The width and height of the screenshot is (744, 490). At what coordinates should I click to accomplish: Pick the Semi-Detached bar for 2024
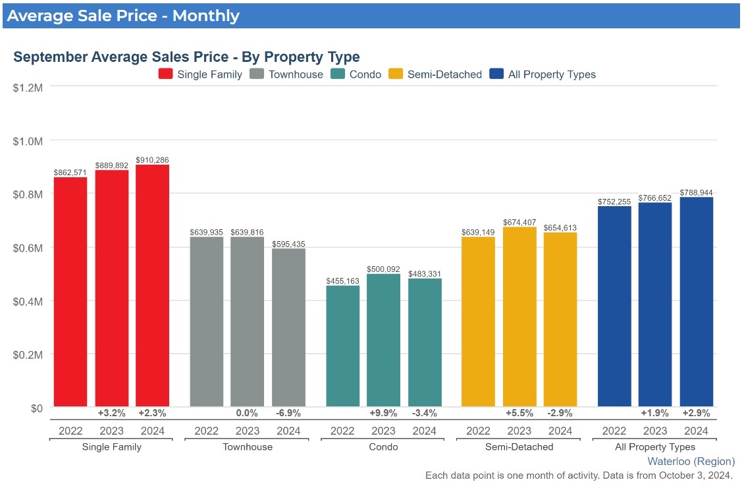coord(560,319)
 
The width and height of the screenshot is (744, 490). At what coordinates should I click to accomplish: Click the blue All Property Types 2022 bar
coord(614,306)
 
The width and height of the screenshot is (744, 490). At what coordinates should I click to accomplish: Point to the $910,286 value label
coord(153,160)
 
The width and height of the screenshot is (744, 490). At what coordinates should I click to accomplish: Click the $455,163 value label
coord(343,281)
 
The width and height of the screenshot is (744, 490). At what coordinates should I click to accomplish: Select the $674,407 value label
coord(519,223)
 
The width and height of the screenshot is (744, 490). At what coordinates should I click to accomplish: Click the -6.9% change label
coord(288,414)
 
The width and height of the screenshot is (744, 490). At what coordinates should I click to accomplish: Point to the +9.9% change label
coord(384,414)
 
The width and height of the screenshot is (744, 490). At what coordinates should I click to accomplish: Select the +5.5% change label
coord(519,414)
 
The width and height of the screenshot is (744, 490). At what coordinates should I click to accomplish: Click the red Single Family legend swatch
coord(165,74)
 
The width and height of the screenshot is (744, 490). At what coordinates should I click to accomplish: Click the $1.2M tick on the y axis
coord(28,86)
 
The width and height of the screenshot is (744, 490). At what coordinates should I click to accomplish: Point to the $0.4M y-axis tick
coord(28,301)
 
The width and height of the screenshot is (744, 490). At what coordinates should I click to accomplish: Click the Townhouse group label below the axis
coord(248,447)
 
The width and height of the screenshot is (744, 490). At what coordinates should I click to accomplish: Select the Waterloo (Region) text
coord(691,461)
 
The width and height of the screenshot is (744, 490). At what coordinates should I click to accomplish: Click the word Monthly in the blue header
coord(205,15)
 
